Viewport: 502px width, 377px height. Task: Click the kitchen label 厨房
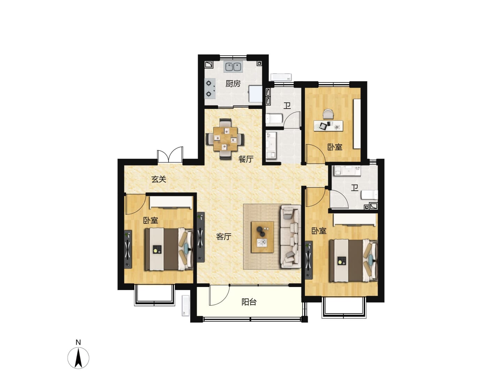pyautogui.click(x=233, y=84)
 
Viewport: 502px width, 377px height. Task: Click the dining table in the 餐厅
pyautogui.click(x=225, y=139)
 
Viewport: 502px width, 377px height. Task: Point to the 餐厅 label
pyautogui.click(x=246, y=159)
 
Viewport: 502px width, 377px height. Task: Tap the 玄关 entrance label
pyautogui.click(x=159, y=179)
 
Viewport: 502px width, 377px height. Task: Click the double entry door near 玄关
pyautogui.click(x=170, y=155)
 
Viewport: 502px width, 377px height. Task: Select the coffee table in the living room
pyautogui.click(x=263, y=237)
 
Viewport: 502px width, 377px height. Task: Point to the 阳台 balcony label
pyautogui.click(x=249, y=302)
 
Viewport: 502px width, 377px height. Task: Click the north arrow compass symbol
pyautogui.click(x=78, y=358)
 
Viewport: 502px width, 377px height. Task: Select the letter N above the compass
pyautogui.click(x=78, y=342)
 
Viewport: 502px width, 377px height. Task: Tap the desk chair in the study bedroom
pyautogui.click(x=328, y=114)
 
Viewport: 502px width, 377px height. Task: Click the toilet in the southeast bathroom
pyautogui.click(x=369, y=195)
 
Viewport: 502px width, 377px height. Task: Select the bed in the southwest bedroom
pyautogui.click(x=168, y=249)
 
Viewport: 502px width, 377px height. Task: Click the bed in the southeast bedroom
pyautogui.click(x=353, y=261)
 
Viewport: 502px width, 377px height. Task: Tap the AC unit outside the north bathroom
pyautogui.click(x=281, y=77)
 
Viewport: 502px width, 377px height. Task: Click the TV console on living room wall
pyautogui.click(x=200, y=237)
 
